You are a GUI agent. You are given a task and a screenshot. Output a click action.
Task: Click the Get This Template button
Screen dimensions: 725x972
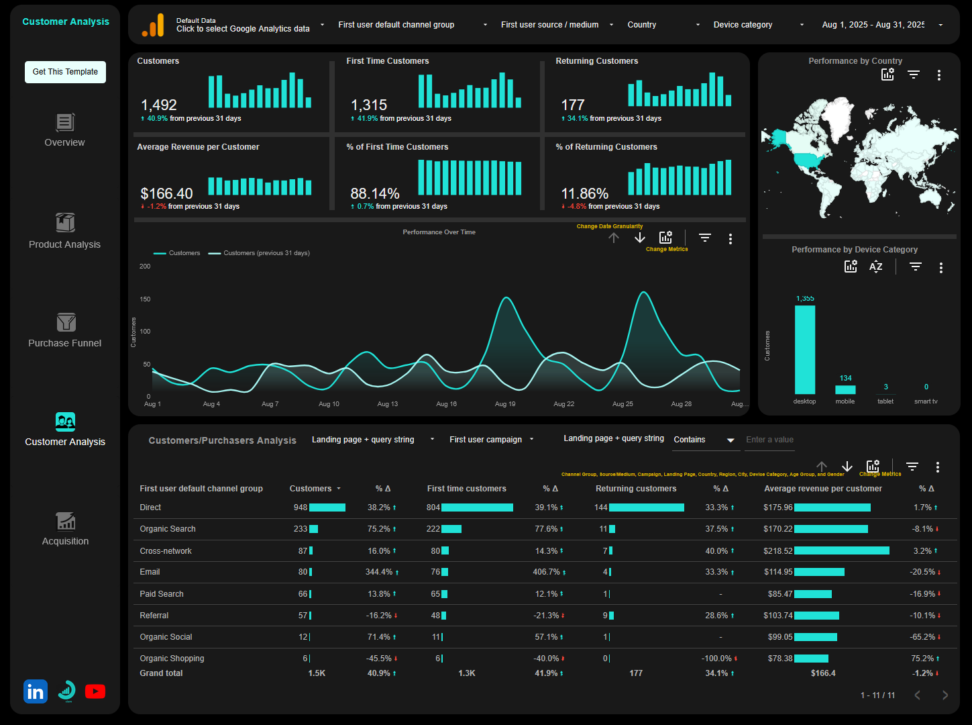coord(65,72)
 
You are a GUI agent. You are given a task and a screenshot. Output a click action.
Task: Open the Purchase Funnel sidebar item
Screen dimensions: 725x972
coord(65,331)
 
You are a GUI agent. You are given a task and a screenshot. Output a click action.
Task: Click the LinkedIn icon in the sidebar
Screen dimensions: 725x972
coord(36,691)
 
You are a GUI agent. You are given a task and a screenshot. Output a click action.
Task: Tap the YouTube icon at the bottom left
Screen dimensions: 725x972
coord(95,691)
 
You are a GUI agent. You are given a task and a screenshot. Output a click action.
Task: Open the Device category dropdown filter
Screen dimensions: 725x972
coord(758,25)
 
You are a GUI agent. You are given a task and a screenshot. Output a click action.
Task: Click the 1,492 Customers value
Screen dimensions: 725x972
coord(159,105)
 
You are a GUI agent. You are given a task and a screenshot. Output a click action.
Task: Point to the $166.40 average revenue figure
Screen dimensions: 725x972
coord(166,194)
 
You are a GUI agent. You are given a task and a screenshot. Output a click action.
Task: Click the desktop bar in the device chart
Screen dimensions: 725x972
coord(805,349)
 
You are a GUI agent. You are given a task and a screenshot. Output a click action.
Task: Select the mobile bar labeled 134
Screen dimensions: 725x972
coord(845,389)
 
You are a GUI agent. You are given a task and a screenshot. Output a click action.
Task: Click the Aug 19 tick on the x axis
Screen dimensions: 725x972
coord(505,404)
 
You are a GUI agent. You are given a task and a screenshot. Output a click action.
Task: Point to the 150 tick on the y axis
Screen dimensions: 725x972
coord(145,299)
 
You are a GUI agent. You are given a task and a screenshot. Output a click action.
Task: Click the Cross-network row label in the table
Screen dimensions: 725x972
coord(166,551)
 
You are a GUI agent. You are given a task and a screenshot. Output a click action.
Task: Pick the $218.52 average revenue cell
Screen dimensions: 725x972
coord(778,551)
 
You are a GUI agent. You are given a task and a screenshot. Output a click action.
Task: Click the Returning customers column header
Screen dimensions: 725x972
coord(636,489)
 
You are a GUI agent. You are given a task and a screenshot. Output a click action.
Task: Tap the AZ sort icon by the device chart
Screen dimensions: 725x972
coord(875,267)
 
